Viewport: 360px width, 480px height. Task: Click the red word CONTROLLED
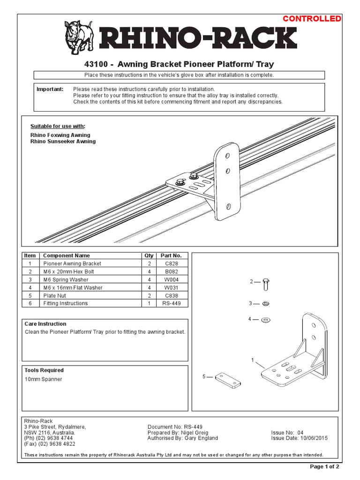coord(312,19)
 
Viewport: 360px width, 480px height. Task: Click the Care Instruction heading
coord(45,324)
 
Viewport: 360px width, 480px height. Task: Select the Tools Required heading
coord(44,370)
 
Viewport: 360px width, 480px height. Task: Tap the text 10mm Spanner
coord(43,379)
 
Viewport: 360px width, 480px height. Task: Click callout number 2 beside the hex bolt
coord(251,282)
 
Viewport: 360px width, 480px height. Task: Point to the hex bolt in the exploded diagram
coord(266,283)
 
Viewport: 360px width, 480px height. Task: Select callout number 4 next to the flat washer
coord(250,319)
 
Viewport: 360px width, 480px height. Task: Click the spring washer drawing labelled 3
coord(265,304)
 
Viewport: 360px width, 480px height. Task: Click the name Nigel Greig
coord(191,433)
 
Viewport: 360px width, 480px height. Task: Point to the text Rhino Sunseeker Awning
coord(63,142)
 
